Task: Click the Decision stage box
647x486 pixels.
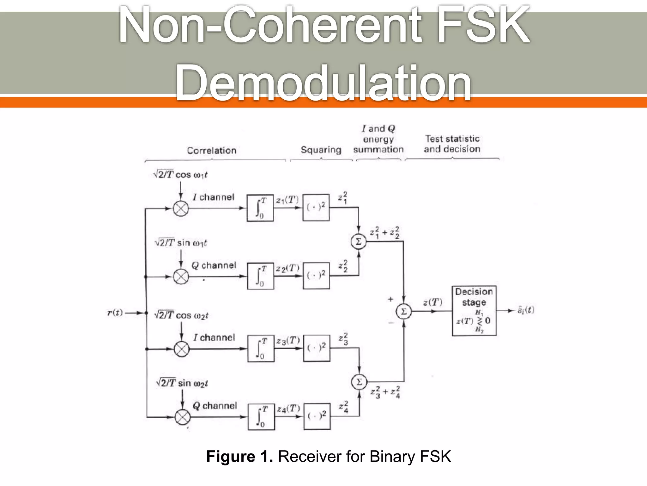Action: click(x=474, y=311)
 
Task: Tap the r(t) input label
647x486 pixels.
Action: click(x=115, y=313)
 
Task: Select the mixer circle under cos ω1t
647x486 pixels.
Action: click(x=181, y=209)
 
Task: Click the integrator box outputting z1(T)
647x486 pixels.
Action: click(x=260, y=208)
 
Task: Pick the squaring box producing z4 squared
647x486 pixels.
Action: click(x=317, y=416)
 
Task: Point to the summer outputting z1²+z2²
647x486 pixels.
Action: click(x=359, y=242)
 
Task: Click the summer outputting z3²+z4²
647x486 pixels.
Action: click(x=359, y=382)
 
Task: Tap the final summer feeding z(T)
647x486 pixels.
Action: click(x=404, y=311)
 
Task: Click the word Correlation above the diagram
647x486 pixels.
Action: click(x=212, y=150)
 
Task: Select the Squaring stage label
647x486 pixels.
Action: click(x=321, y=150)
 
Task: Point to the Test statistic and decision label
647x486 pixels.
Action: click(x=452, y=144)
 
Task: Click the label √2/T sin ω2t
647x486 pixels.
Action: click(x=182, y=383)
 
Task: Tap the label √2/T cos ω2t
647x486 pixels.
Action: click(x=181, y=315)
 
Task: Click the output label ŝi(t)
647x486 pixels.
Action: click(x=526, y=310)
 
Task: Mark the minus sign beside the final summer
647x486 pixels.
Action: click(x=391, y=323)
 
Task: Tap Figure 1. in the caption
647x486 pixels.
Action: click(x=239, y=457)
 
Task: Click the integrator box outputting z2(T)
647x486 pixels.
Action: click(x=261, y=276)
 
